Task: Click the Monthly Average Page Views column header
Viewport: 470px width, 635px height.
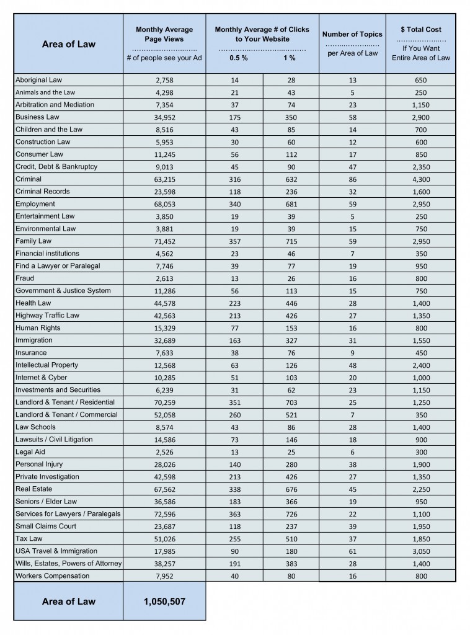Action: pyautogui.click(x=164, y=34)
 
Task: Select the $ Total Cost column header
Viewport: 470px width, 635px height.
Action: pyautogui.click(x=420, y=29)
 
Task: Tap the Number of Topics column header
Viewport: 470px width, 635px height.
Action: pyautogui.click(x=352, y=34)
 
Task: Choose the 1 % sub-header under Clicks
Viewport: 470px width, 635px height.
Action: pyautogui.click(x=289, y=58)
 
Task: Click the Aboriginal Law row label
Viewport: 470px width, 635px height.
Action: pyautogui.click(x=39, y=80)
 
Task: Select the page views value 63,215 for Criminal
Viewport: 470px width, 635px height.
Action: pyautogui.click(x=164, y=179)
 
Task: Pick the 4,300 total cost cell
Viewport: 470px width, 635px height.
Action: pyautogui.click(x=420, y=179)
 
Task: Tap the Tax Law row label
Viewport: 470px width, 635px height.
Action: pyautogui.click(x=29, y=539)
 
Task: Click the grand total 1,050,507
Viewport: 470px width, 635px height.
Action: pyautogui.click(x=164, y=602)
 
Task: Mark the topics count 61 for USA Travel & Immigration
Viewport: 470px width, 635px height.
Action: pyautogui.click(x=352, y=551)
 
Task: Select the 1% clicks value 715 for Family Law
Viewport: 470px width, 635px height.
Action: pyautogui.click(x=291, y=241)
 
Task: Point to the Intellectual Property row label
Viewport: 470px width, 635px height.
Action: pyautogui.click(x=47, y=365)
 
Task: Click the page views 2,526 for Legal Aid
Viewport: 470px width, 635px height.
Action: pyautogui.click(x=164, y=452)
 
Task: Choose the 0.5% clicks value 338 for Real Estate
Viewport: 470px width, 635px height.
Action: pyautogui.click(x=234, y=489)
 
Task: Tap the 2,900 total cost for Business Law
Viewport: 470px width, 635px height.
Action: pyautogui.click(x=420, y=117)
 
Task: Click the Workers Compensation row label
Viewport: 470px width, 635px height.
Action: pyautogui.click(x=53, y=576)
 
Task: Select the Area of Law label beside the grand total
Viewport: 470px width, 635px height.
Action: pyautogui.click(x=68, y=602)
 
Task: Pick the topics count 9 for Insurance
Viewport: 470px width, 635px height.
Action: pyautogui.click(x=352, y=353)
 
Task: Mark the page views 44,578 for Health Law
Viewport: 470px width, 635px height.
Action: pyautogui.click(x=164, y=303)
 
